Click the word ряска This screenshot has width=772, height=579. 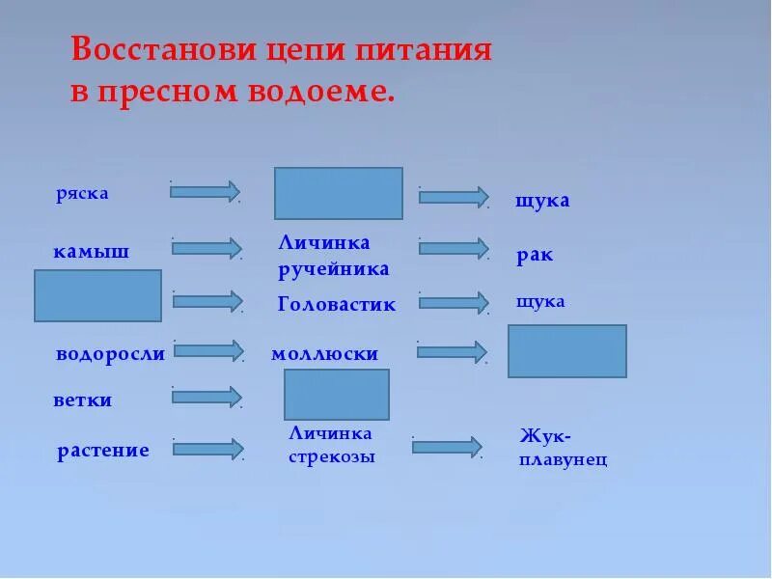pos(82,193)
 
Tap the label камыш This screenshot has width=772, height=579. pos(91,253)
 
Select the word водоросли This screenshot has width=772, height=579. pos(110,353)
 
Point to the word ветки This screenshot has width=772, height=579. pos(82,400)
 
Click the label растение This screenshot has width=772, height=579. pos(102,450)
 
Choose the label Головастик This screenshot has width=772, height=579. pos(336,305)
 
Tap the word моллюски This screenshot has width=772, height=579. pos(324,354)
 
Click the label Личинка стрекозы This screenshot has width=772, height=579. pos(331,445)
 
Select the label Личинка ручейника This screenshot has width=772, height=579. pos(333,256)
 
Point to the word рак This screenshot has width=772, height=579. pos(535,257)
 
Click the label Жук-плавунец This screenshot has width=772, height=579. pos(563,448)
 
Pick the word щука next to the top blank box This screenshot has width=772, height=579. pos(542,201)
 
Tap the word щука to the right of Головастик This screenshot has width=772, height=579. pos(540,301)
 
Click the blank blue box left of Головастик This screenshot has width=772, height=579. pos(97,295)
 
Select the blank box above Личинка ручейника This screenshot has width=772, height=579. pos(338,193)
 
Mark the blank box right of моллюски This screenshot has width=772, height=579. pos(566,350)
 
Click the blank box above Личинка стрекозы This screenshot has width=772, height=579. pos(336,394)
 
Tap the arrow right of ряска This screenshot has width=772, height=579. pos(205,191)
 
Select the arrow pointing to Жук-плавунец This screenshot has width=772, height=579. pos(447,447)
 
